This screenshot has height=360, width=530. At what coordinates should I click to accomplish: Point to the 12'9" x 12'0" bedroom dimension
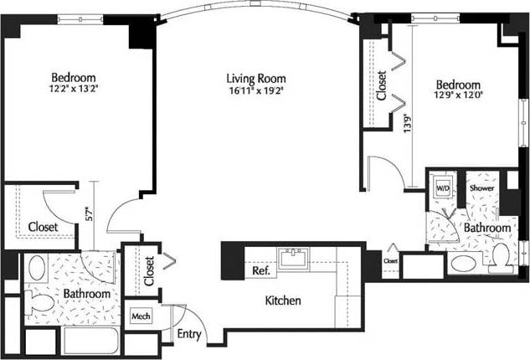(x=458, y=97)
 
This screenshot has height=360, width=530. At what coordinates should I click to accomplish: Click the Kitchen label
(x=283, y=301)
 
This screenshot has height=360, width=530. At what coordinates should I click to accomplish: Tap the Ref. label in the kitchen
(x=259, y=271)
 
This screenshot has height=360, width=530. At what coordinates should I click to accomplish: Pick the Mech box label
(x=139, y=317)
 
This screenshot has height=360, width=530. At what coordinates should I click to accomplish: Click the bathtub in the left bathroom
(x=92, y=342)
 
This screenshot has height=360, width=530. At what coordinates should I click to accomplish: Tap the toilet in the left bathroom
(x=38, y=302)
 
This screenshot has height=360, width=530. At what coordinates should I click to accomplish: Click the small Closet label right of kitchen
(x=391, y=260)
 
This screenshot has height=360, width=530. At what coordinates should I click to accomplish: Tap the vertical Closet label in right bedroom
(x=382, y=85)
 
